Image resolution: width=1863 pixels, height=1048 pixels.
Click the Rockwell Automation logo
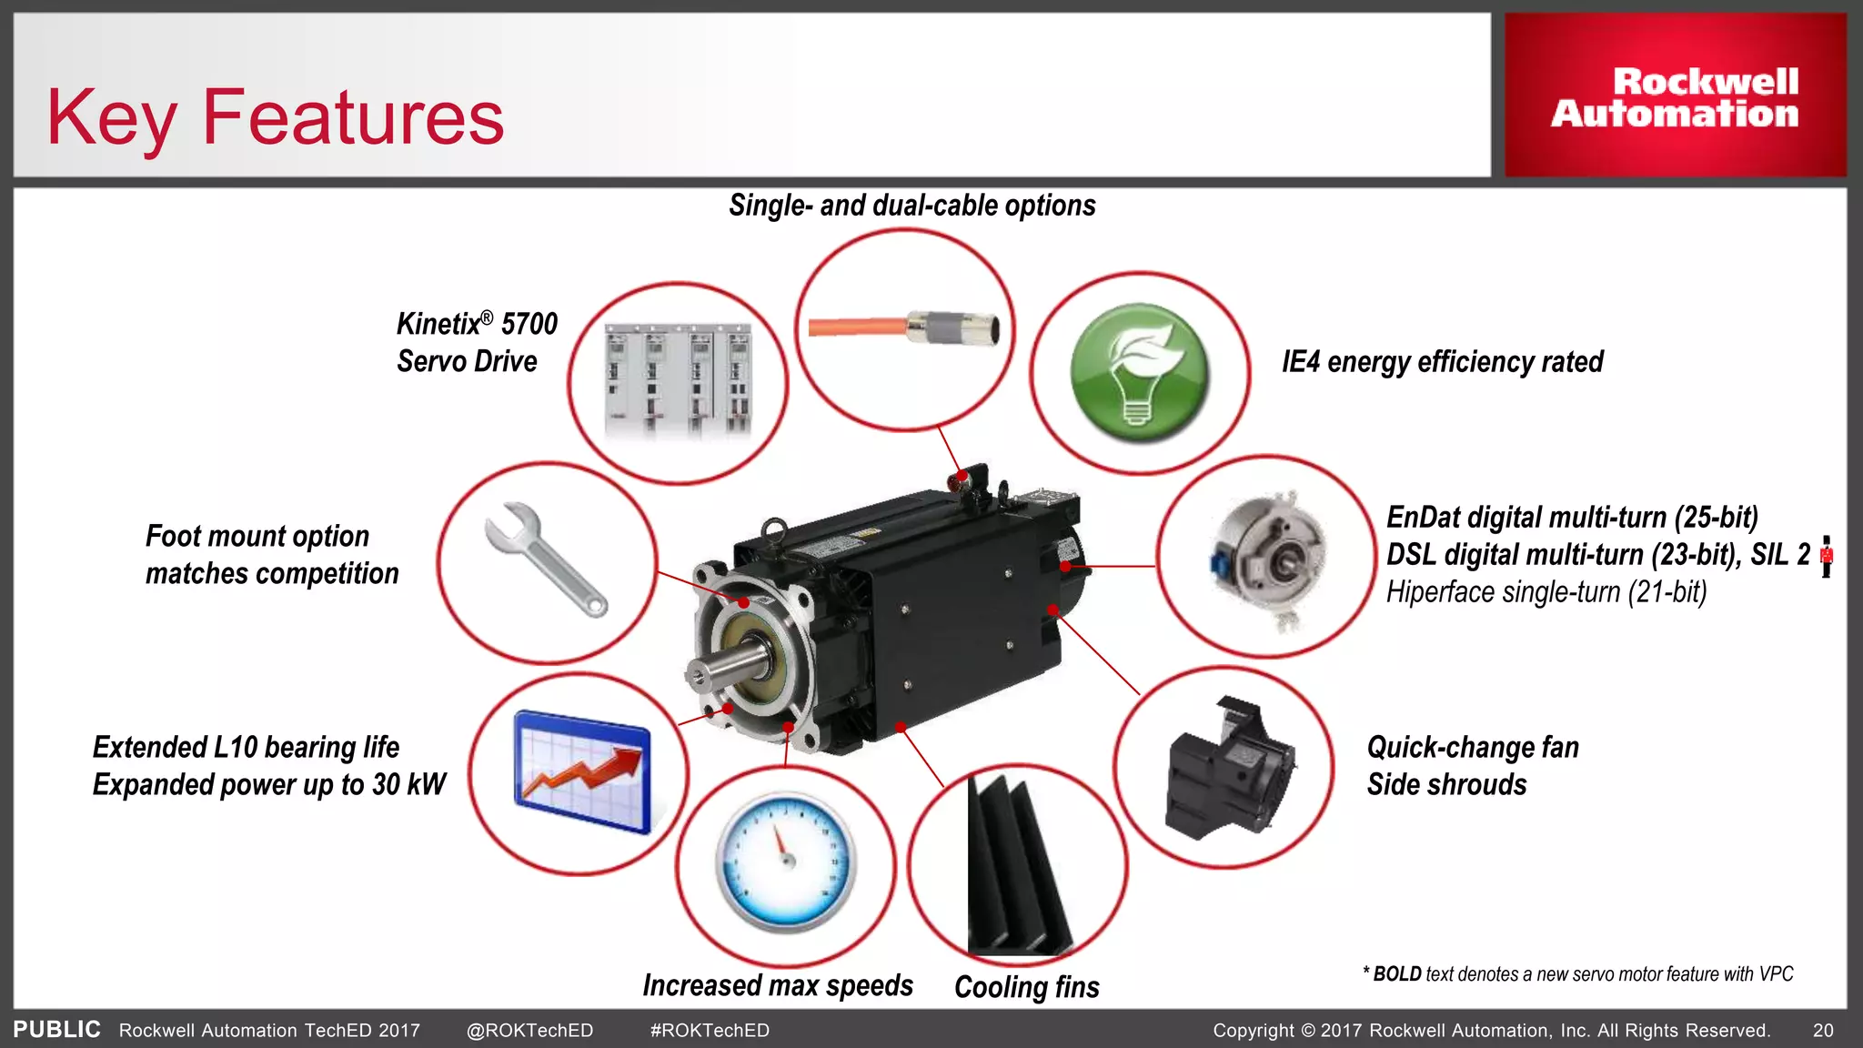click(x=1675, y=96)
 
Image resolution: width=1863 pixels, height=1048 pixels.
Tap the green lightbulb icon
click(x=1139, y=373)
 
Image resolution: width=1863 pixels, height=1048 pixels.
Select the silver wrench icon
click(x=545, y=559)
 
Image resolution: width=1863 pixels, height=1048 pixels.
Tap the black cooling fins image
click(x=1017, y=864)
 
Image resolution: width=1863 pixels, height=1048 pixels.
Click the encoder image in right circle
click(x=1269, y=558)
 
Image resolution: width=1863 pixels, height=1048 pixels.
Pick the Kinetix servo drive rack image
click(x=678, y=382)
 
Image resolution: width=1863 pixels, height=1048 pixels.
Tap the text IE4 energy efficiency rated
click(x=1442, y=362)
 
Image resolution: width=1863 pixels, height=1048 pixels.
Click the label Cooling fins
click(x=1026, y=987)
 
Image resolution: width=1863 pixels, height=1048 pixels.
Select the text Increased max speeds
click(x=777, y=985)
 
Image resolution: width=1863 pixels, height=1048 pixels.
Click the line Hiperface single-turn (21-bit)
click(x=1546, y=592)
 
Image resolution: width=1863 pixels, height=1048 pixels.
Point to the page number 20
click(x=1822, y=1031)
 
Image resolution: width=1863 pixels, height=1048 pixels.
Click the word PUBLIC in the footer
click(x=56, y=1030)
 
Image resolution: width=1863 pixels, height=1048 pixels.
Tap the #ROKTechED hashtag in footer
click(x=710, y=1031)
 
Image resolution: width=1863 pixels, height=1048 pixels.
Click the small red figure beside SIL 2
click(x=1826, y=556)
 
